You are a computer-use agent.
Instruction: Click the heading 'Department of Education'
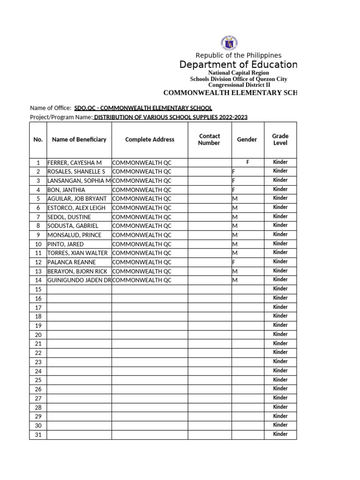point(238,65)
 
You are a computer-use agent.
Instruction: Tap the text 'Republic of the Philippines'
point(238,55)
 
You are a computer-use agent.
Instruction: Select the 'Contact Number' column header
point(209,140)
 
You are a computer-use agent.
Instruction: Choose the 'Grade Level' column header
point(280,140)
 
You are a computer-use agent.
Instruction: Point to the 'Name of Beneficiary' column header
point(79,140)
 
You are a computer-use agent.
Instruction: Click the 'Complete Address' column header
point(150,140)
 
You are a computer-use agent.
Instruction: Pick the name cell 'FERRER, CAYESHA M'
point(75,163)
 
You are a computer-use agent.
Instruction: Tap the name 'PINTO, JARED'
point(66,244)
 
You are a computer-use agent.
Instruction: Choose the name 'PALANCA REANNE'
point(71,262)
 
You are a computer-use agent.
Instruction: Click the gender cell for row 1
point(247,162)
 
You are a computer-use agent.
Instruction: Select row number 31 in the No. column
point(38,435)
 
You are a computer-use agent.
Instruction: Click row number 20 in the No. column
point(38,335)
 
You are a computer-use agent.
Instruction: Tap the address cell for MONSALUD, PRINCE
point(142,235)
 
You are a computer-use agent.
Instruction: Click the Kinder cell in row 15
point(280,289)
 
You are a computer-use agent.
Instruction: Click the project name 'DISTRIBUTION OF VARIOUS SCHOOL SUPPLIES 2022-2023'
point(171,117)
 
